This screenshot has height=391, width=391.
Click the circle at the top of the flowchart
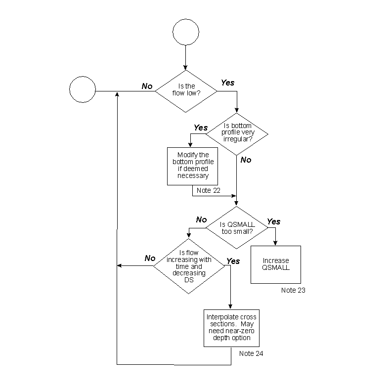tap(185, 33)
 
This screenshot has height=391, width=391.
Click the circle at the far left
tap(82, 91)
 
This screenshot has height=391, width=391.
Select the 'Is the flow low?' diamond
tap(186, 91)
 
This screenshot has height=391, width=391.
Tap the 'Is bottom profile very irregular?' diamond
tap(237, 133)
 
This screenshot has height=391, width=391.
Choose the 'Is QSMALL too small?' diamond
tap(237, 227)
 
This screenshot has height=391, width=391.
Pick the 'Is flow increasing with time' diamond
tap(189, 266)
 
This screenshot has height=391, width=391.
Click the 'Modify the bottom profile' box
tap(190, 166)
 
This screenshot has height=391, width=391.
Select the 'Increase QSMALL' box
tap(275, 264)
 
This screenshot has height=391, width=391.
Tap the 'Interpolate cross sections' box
tap(231, 328)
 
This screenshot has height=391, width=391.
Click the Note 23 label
tap(293, 290)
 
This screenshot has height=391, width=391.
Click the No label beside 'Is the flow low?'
tap(147, 86)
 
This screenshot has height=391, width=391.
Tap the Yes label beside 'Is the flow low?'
tap(227, 83)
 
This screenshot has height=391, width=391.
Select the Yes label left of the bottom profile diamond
tap(201, 128)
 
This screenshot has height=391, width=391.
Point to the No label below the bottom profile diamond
tap(245, 160)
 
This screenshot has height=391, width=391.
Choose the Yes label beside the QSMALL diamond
tap(273, 221)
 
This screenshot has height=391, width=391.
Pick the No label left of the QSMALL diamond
tap(201, 219)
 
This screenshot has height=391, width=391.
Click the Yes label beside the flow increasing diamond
tap(233, 261)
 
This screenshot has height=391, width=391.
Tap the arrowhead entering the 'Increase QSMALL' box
tap(275, 243)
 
